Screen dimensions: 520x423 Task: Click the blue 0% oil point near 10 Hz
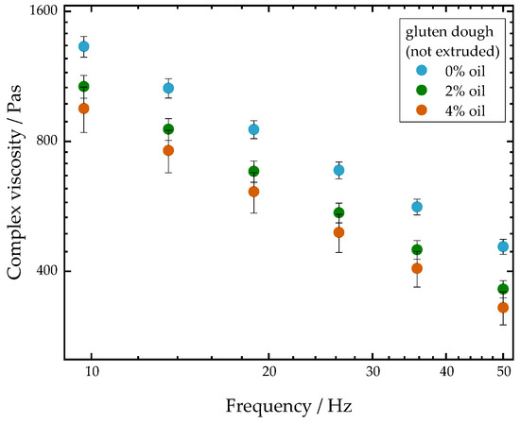pos(84,46)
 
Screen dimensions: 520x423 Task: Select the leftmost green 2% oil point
pos(84,87)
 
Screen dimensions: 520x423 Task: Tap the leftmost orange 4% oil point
pos(84,109)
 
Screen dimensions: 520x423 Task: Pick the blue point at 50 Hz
pos(503,246)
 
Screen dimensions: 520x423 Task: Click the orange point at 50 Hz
pos(503,308)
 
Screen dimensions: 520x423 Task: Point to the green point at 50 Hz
pos(503,289)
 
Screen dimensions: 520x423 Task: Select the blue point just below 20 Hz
pos(253,129)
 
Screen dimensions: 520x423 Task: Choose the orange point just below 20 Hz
pos(253,192)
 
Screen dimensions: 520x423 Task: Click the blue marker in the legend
pos(422,70)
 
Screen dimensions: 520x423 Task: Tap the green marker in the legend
pos(422,90)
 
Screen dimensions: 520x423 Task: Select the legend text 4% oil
pos(465,111)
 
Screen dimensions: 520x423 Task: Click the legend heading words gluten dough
pos(450,32)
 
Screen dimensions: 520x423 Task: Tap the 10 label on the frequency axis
pos(92,372)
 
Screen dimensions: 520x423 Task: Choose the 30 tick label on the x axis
pos(373,372)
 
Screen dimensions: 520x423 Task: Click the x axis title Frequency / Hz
pos(289,405)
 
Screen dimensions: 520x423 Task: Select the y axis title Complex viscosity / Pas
pos(14,182)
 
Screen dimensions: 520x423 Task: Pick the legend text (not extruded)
pos(453,51)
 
